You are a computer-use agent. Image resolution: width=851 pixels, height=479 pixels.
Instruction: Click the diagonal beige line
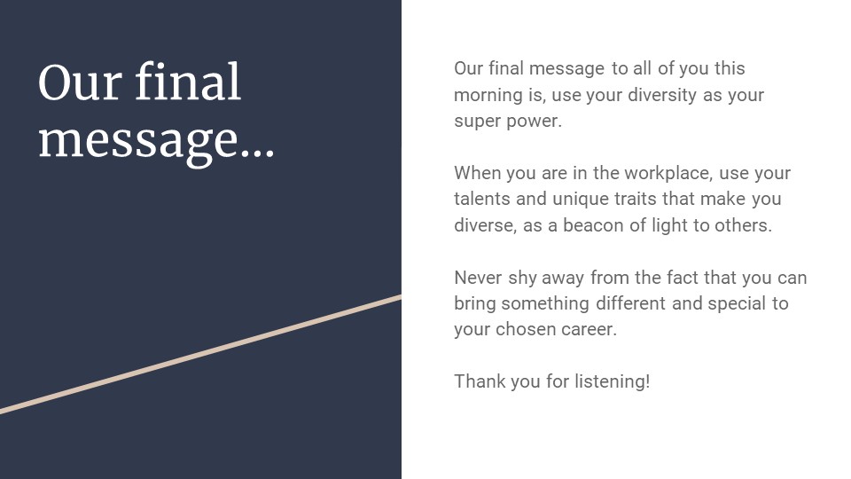pos(201,354)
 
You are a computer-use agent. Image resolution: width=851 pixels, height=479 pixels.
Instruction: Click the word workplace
pos(668,173)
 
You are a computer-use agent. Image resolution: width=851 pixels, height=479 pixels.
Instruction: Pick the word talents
pos(482,199)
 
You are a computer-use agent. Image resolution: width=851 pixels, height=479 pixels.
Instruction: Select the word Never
pos(478,278)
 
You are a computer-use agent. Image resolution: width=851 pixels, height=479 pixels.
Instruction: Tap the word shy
pos(522,278)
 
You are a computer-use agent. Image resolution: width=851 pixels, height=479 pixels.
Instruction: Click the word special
pos(737,303)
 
